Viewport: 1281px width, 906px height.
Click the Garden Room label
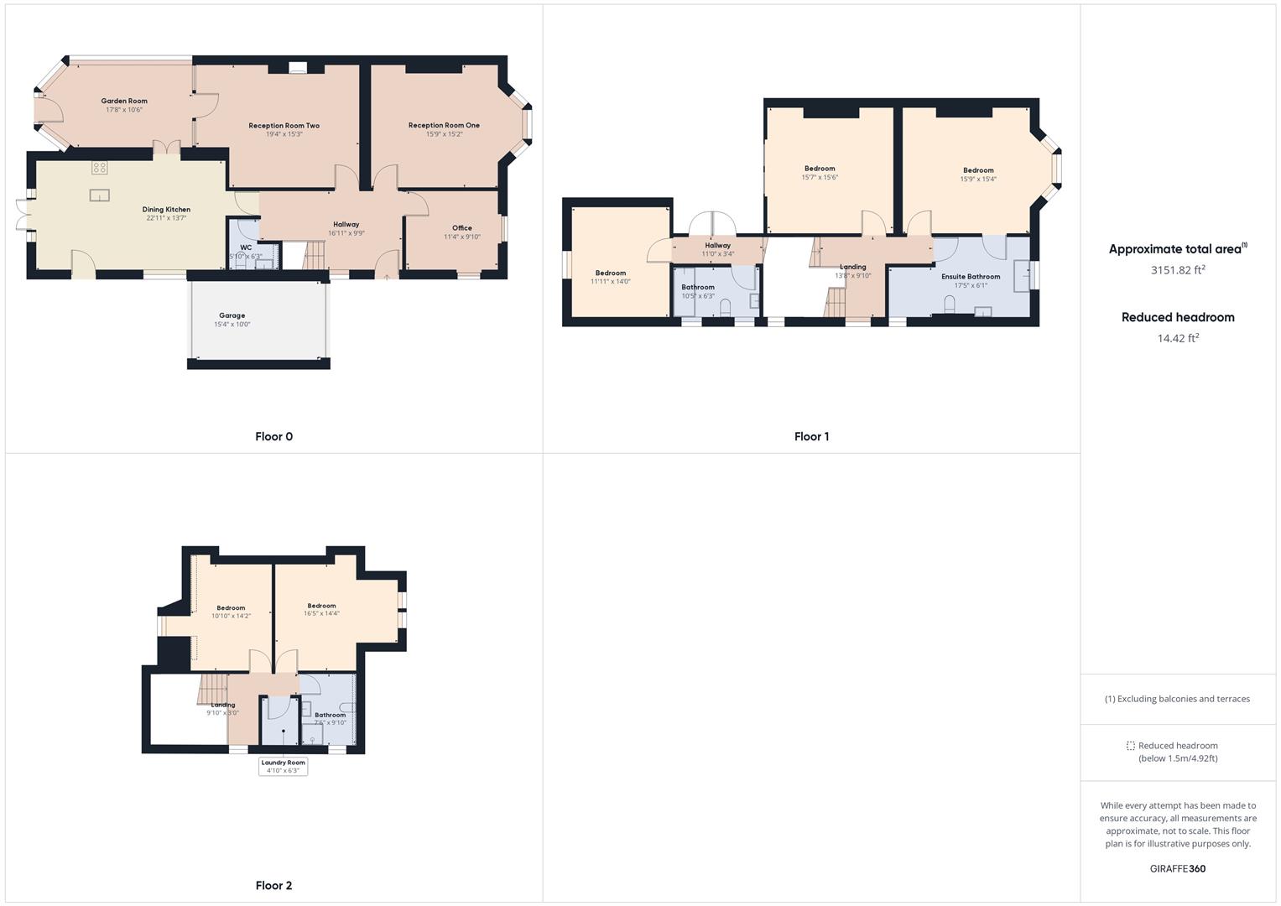124,101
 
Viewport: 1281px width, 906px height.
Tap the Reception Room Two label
284,126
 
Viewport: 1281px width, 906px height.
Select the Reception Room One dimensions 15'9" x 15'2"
444,134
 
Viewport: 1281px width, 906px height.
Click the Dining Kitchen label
166,210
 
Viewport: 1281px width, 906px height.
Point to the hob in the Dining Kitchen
99,167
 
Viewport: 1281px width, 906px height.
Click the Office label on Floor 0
461,227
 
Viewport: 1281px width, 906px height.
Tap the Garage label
232,315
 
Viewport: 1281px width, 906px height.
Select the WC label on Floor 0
246,247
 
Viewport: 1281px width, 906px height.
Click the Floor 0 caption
273,436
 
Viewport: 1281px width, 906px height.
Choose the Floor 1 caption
811,436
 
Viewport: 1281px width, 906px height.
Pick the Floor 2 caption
273,885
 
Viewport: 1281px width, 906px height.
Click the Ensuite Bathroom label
971,276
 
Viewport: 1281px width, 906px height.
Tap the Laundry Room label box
284,767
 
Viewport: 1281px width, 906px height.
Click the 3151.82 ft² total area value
1178,270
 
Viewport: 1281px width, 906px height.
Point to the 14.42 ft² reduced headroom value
1178,338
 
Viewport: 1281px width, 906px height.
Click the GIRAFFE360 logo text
1178,868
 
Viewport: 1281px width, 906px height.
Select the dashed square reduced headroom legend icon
1130,746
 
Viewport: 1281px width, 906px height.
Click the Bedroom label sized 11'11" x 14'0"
611,273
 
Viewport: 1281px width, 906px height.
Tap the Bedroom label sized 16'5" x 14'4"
321,606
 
